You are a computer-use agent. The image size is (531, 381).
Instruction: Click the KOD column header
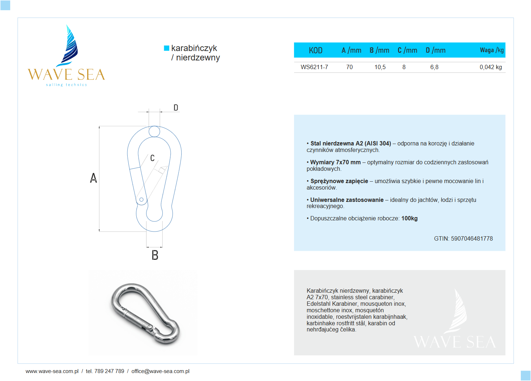(x=315, y=50)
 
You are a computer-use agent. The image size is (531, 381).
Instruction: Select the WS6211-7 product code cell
(x=314, y=67)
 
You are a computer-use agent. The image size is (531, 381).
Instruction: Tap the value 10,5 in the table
(x=380, y=67)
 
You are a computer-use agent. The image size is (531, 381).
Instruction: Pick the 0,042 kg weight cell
(x=490, y=67)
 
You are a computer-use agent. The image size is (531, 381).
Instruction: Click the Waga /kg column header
(x=491, y=50)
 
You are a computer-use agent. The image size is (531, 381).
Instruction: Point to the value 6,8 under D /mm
(x=434, y=67)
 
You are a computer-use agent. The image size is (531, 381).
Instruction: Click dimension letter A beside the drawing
(x=93, y=178)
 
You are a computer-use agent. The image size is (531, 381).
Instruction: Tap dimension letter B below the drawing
(x=155, y=255)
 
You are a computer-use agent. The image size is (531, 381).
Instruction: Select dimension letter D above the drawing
(x=176, y=107)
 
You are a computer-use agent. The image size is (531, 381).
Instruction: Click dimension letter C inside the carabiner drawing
(x=152, y=158)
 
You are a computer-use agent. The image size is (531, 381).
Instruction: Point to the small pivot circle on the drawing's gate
(x=141, y=199)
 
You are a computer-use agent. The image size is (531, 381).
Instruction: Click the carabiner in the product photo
(x=145, y=313)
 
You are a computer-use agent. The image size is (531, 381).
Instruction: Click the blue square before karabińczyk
(x=166, y=48)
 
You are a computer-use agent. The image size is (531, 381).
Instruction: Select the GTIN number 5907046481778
(x=472, y=238)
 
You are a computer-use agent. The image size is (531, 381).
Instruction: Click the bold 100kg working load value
(x=409, y=218)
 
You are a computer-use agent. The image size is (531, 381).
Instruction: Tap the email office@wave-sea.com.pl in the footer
(x=160, y=371)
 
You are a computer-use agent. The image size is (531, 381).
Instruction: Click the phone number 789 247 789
(x=109, y=371)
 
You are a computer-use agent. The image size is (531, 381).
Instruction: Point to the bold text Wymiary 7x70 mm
(x=335, y=162)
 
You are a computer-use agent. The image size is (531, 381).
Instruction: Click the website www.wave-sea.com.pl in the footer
(x=52, y=371)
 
